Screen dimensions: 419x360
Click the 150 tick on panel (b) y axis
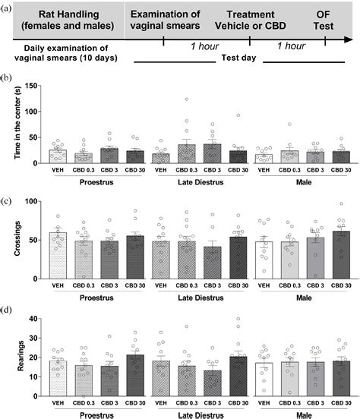pyautogui.click(x=30, y=86)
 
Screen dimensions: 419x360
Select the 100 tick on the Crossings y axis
pyautogui.click(x=30, y=201)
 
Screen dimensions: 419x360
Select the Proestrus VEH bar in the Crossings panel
pyautogui.click(x=57, y=255)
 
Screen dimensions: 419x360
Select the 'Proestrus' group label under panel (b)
pyautogui.click(x=96, y=182)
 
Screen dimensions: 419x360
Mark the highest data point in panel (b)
pyautogui.click(x=186, y=99)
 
